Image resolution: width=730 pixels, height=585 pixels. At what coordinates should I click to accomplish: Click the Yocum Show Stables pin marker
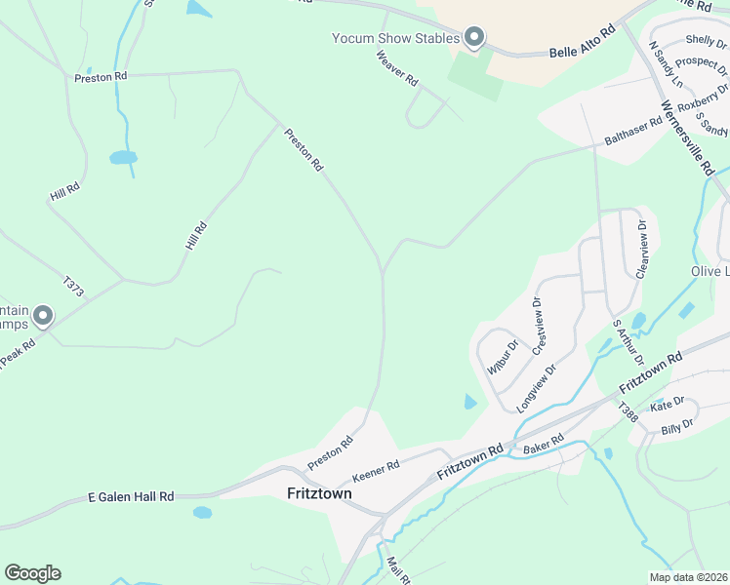(x=474, y=38)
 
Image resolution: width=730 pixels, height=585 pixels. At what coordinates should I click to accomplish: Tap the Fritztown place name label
(x=319, y=493)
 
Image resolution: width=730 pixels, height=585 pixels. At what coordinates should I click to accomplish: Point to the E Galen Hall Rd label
(x=130, y=496)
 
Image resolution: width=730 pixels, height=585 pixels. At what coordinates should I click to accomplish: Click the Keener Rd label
(x=376, y=469)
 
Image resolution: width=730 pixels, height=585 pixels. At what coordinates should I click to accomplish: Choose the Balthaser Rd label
(x=633, y=129)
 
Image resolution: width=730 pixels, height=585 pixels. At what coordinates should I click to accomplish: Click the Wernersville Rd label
(x=687, y=136)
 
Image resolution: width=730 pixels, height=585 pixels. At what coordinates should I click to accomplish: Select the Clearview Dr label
(x=641, y=250)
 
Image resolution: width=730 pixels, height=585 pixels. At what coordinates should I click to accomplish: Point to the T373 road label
(x=73, y=288)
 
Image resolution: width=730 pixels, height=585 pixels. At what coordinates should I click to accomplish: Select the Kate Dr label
(x=668, y=404)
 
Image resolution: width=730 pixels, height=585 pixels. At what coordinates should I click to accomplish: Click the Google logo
(x=32, y=573)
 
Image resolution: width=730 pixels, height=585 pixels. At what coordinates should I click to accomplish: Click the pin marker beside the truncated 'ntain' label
(x=42, y=316)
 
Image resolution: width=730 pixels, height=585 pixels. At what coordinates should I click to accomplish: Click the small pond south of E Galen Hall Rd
(x=202, y=512)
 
